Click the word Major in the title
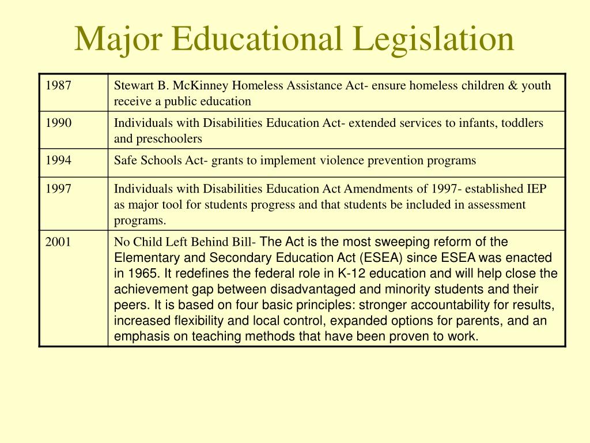point(115,39)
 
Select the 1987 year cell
point(59,86)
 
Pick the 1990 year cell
point(59,123)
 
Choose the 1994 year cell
point(59,160)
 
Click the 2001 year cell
point(59,242)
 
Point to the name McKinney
point(202,86)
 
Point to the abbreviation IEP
point(536,189)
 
